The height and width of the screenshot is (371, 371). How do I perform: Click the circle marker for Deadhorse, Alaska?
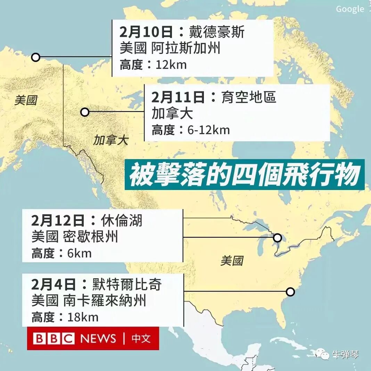(35, 57)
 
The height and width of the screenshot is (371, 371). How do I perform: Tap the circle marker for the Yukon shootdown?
(84, 112)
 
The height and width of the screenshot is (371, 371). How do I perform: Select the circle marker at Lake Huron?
(277, 238)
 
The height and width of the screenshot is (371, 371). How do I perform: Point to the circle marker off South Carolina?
(290, 292)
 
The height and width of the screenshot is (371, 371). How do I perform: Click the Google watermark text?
(350, 9)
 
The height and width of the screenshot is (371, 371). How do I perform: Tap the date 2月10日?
(146, 32)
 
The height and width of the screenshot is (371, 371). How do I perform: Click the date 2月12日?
(58, 221)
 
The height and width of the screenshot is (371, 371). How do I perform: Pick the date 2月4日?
(53, 285)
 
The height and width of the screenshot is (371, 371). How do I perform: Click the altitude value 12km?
(171, 65)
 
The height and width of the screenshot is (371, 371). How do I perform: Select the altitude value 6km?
(80, 253)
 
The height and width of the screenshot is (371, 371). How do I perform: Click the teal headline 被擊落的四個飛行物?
(244, 175)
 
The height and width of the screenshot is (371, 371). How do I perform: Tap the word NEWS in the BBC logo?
(98, 338)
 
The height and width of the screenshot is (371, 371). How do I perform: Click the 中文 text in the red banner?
(141, 338)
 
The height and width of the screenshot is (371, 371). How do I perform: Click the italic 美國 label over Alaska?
(26, 101)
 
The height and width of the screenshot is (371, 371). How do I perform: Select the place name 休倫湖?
(122, 221)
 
